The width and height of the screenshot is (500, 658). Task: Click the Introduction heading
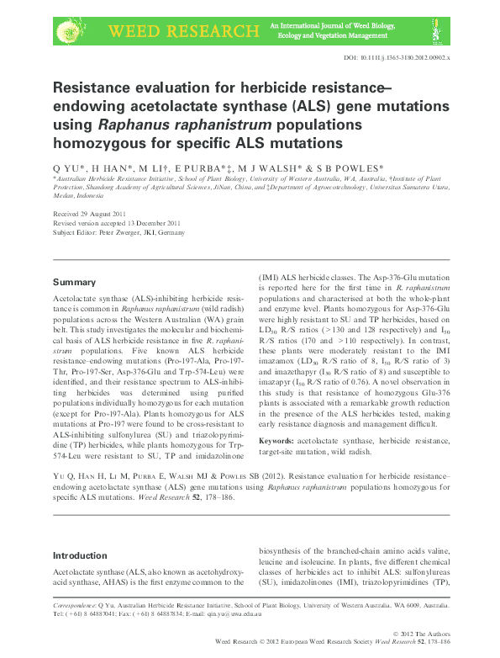(x=80, y=556)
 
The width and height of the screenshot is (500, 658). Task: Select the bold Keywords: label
(x=276, y=440)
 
